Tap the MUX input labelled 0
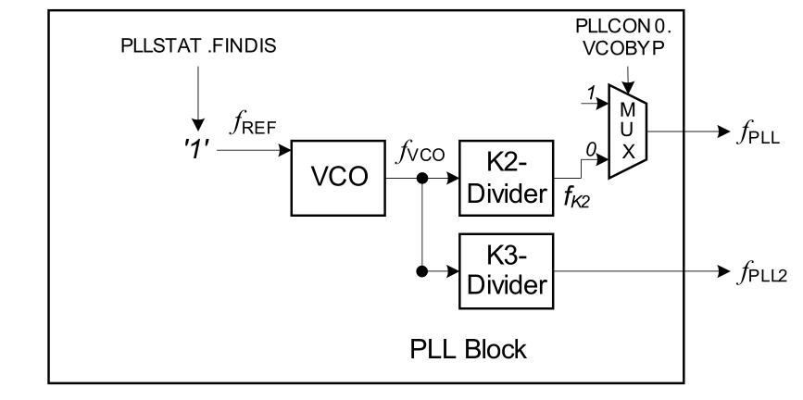tap(589, 147)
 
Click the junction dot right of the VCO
tap(422, 178)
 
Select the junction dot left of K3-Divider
tap(422, 272)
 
